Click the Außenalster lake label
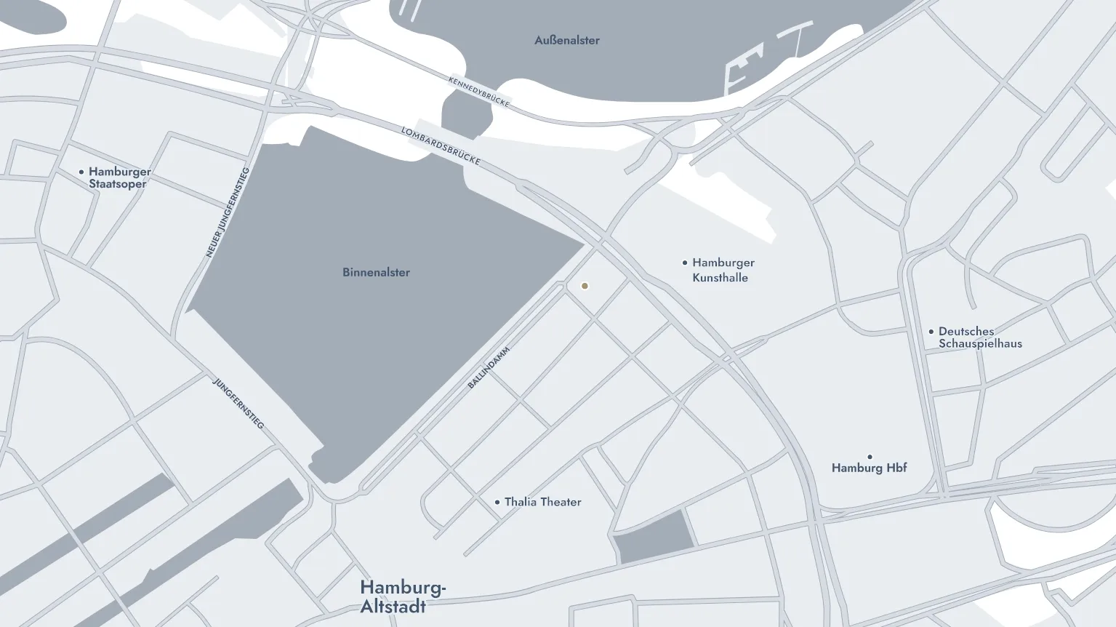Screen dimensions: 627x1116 click(567, 41)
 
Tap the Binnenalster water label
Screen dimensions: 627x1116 click(376, 273)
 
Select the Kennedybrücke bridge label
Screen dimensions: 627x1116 click(479, 92)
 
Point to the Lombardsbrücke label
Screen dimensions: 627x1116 click(441, 145)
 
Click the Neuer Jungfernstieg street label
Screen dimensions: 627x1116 click(228, 212)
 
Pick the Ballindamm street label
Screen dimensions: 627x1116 click(489, 367)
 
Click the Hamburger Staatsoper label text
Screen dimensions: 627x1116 click(119, 177)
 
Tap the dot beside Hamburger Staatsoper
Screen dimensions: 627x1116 click(81, 172)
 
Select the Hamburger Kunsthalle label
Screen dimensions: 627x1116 click(723, 270)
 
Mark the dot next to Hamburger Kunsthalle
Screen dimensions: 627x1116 click(685, 263)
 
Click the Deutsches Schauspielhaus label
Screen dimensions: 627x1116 click(979, 338)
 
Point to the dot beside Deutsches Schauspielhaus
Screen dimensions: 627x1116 click(931, 332)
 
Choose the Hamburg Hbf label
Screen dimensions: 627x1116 click(869, 468)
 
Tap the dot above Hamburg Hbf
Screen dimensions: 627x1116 click(870, 457)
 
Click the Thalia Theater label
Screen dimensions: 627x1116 click(542, 502)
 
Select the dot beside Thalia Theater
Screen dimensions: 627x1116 click(497, 502)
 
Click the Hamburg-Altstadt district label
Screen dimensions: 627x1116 click(402, 596)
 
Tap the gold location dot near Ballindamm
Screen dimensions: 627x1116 click(585, 286)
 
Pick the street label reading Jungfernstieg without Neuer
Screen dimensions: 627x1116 click(238, 402)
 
